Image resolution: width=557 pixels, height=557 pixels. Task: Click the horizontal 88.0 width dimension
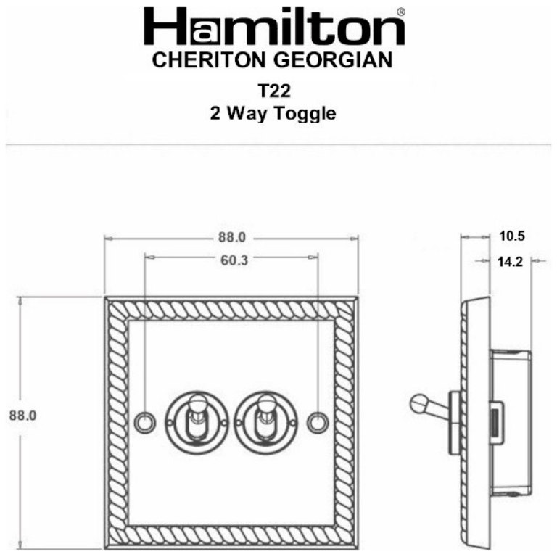tap(232, 237)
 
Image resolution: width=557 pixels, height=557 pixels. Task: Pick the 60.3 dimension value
tap(232, 260)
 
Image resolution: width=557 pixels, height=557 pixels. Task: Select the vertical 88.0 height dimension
tap(22, 416)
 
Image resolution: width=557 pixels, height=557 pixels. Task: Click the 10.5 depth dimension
tap(512, 236)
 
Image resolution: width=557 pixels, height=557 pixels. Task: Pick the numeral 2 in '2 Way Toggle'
tap(215, 114)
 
